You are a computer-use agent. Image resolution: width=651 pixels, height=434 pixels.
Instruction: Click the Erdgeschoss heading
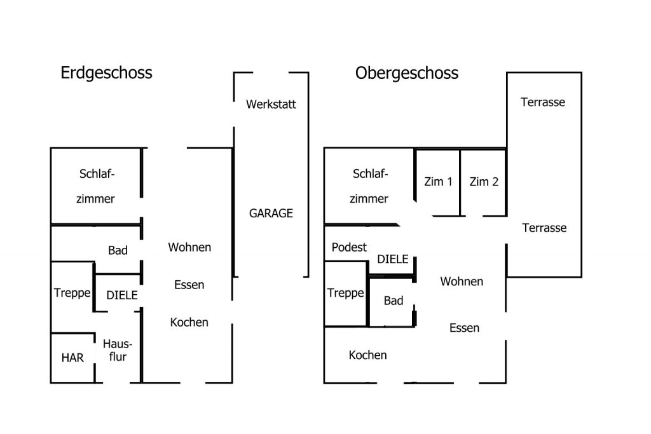pyautogui.click(x=106, y=73)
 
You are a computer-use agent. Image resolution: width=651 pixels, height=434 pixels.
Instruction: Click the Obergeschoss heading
pyautogui.click(x=406, y=74)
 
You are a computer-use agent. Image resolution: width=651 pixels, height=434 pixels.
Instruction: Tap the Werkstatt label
pyautogui.click(x=271, y=104)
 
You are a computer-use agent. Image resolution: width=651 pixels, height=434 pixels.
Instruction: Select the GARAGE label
pyautogui.click(x=271, y=214)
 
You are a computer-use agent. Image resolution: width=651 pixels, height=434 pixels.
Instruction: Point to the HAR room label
pyautogui.click(x=72, y=358)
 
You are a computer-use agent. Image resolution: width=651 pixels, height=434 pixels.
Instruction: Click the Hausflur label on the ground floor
pyautogui.click(x=118, y=350)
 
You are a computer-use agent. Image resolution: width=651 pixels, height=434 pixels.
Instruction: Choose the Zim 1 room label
pyautogui.click(x=438, y=182)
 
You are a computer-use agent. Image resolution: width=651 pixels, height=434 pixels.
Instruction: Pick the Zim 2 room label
pyautogui.click(x=484, y=182)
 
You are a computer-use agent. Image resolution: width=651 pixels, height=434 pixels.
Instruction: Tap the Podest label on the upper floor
pyautogui.click(x=349, y=247)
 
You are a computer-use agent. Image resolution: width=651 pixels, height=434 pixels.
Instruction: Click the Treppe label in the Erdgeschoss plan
pyautogui.click(x=72, y=293)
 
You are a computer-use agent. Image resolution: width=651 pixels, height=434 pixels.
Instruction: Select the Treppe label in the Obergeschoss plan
pyautogui.click(x=345, y=293)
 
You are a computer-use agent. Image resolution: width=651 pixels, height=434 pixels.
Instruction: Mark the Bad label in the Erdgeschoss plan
pyautogui.click(x=118, y=250)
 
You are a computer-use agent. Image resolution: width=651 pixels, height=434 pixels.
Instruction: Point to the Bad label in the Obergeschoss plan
pyautogui.click(x=393, y=301)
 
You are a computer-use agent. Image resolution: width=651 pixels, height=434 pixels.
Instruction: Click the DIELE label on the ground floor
pyautogui.click(x=122, y=295)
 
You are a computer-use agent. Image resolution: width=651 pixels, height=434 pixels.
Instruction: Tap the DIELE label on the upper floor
pyautogui.click(x=393, y=259)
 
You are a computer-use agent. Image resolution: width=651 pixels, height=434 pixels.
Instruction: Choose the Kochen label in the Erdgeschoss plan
pyautogui.click(x=189, y=322)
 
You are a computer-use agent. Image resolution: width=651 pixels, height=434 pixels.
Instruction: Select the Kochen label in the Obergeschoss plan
pyautogui.click(x=367, y=355)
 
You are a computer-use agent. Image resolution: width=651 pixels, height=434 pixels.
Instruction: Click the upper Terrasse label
pyautogui.click(x=543, y=102)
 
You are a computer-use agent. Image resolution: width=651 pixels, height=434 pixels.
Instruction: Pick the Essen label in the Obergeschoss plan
pyautogui.click(x=464, y=328)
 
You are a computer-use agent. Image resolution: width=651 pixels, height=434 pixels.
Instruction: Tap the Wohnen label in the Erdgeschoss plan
pyautogui.click(x=189, y=247)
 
